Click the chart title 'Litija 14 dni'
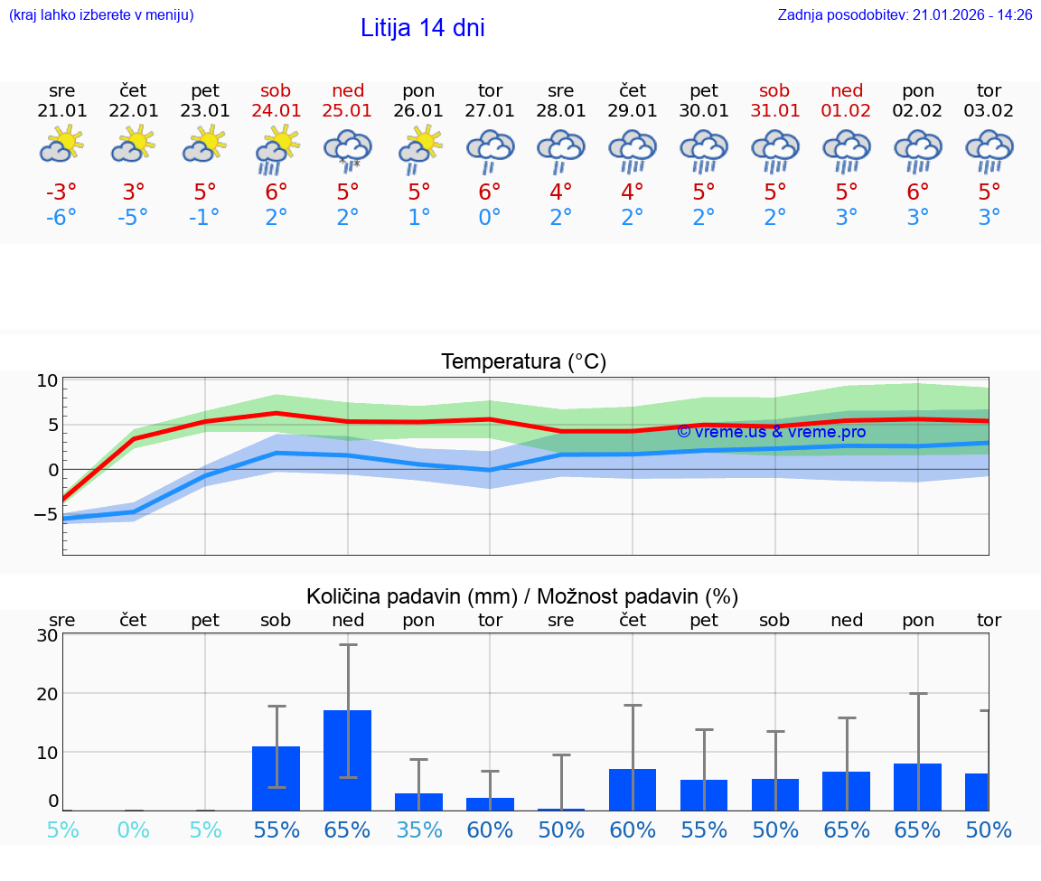point(422,28)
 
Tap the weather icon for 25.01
point(348,149)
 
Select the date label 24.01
point(277,111)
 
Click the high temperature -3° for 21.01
point(61,192)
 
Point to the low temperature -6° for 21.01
point(61,218)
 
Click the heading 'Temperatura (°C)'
point(523,362)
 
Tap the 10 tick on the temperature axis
point(47,380)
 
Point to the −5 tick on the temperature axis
point(43,515)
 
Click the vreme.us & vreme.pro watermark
point(771,432)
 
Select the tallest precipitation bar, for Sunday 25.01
point(348,760)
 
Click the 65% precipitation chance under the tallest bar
point(348,830)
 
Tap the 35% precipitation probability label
point(418,830)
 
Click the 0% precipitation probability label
point(134,830)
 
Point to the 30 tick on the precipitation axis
point(47,635)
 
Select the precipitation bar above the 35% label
point(418,801)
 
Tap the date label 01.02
point(847,111)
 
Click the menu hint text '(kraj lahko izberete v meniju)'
point(101,15)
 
